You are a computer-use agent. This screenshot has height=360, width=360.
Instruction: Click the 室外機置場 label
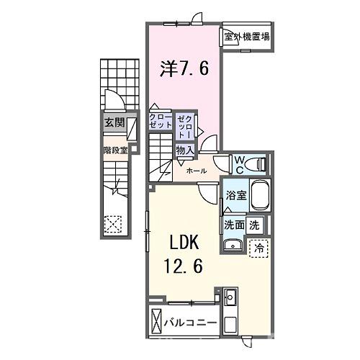coord(246,37)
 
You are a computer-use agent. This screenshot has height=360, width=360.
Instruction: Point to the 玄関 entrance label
coord(114,123)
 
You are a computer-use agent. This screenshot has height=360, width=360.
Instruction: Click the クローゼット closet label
coord(161,120)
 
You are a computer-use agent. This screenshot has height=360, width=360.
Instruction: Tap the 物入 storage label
coord(185,150)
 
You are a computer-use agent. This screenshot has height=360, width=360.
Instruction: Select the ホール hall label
coord(197,171)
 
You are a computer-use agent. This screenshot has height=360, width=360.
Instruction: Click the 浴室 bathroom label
coord(235,195)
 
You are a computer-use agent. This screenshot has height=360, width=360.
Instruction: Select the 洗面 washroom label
coord(234,224)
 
